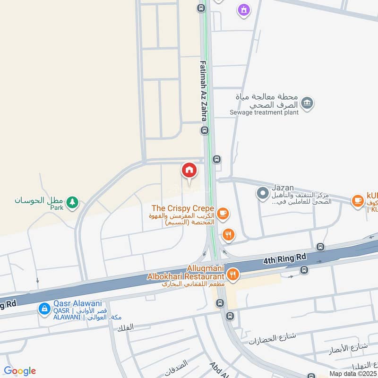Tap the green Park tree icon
coord(72,203)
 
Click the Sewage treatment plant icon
coord(307,103)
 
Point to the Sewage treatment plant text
coord(264,112)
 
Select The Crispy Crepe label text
coord(183,208)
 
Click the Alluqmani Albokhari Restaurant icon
coord(232,274)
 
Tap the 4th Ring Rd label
coord(285,258)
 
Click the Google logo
coord(20,371)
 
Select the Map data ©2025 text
coord(352,373)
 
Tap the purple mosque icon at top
coord(244,9)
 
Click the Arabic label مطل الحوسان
coord(38,200)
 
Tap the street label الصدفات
coord(176,364)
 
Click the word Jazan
coord(283,188)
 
